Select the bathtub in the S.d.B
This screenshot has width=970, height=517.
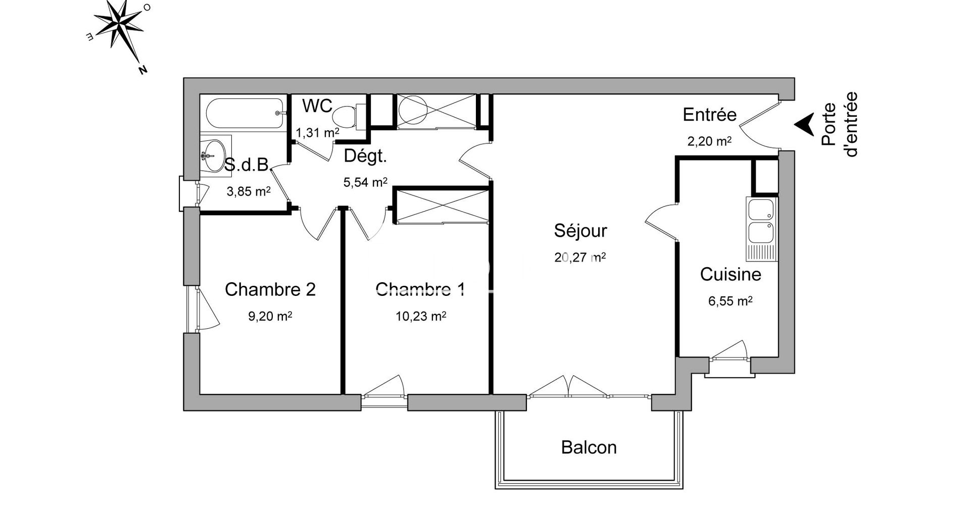(x=245, y=113)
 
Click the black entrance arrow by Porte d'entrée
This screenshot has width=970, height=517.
(x=804, y=124)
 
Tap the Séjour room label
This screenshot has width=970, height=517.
(x=580, y=231)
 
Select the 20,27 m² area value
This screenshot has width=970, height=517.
(x=580, y=257)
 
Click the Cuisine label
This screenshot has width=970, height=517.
(x=730, y=274)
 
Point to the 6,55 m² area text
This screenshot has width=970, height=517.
(x=730, y=301)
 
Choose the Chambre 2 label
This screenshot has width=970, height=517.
(x=270, y=289)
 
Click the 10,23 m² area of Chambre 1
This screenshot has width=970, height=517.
(x=420, y=316)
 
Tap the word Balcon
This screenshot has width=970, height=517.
(x=589, y=447)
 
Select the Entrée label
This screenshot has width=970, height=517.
(x=709, y=115)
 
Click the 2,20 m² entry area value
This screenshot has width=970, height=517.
(x=709, y=141)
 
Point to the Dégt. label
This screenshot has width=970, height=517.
(x=365, y=157)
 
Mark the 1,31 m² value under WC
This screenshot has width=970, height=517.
(x=317, y=133)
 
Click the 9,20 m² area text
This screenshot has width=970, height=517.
(x=270, y=316)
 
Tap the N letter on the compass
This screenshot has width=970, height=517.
(x=143, y=70)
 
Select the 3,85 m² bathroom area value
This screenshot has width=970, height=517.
(x=249, y=191)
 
